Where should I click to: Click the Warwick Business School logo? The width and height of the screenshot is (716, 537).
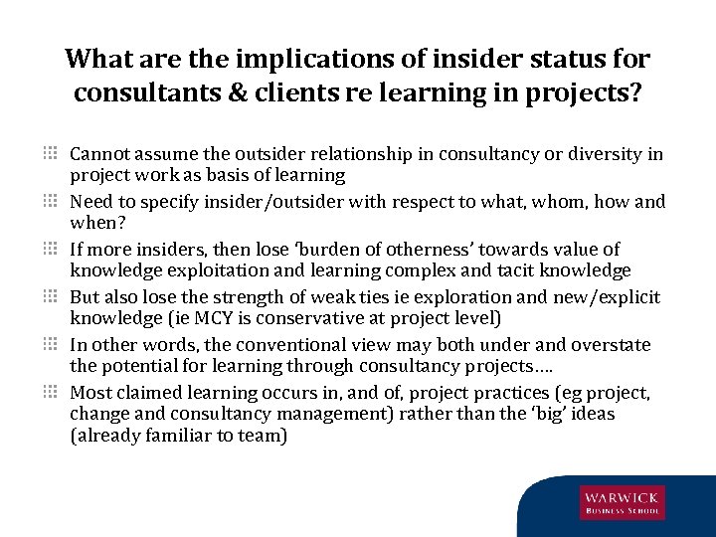point(623,503)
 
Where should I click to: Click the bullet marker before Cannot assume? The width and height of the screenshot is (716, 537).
point(50,154)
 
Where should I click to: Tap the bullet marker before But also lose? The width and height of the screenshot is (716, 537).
point(50,297)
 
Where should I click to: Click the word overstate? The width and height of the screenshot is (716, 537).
point(609,345)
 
